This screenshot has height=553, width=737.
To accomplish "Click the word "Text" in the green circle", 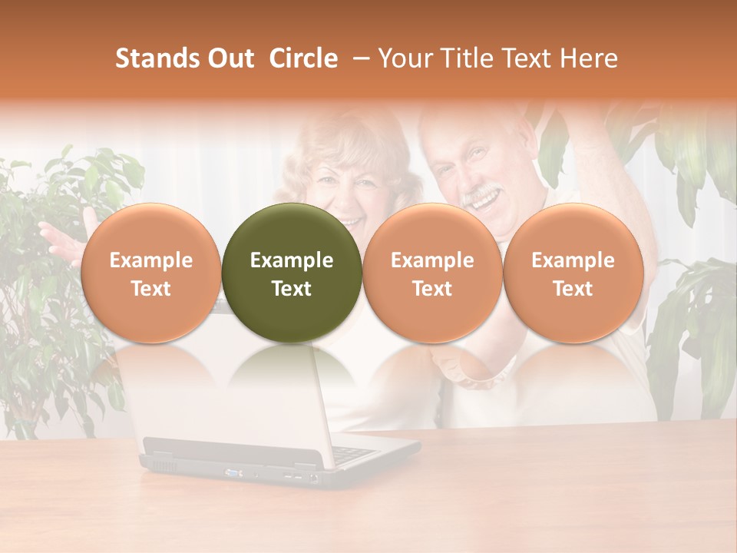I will click(292, 289).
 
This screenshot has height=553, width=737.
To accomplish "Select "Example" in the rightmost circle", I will click(573, 260).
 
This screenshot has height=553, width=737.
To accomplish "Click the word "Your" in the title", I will click(405, 58).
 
